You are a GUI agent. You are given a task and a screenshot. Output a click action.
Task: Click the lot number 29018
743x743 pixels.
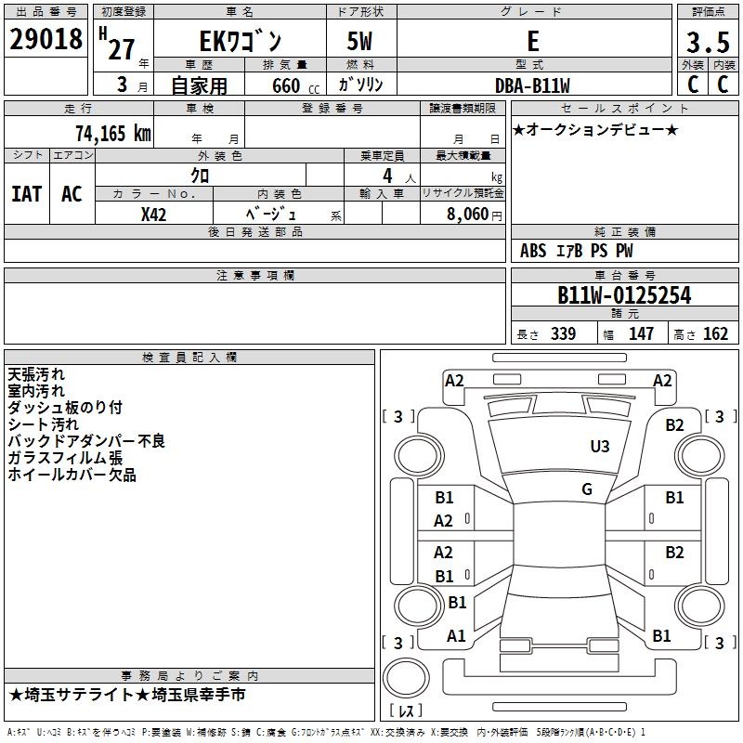pyautogui.click(x=46, y=39)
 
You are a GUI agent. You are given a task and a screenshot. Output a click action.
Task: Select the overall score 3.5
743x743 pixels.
pyautogui.click(x=708, y=42)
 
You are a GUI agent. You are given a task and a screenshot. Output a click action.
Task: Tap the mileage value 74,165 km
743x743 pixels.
pyautogui.click(x=113, y=134)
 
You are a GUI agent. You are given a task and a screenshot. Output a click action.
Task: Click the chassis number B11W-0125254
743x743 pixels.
pyautogui.click(x=624, y=295)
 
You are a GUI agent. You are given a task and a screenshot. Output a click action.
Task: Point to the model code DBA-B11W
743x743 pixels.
pyautogui.click(x=532, y=85)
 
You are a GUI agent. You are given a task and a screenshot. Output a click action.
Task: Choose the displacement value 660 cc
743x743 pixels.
pyautogui.click(x=295, y=86)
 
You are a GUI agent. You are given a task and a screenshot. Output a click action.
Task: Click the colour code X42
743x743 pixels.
pyautogui.click(x=153, y=215)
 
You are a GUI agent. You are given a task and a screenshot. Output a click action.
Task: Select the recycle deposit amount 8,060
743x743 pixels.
pyautogui.click(x=467, y=215)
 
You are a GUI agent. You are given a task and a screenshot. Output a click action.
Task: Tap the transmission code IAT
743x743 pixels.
pyautogui.click(x=26, y=194)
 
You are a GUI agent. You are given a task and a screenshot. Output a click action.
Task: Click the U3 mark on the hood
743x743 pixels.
pyautogui.click(x=599, y=447)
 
